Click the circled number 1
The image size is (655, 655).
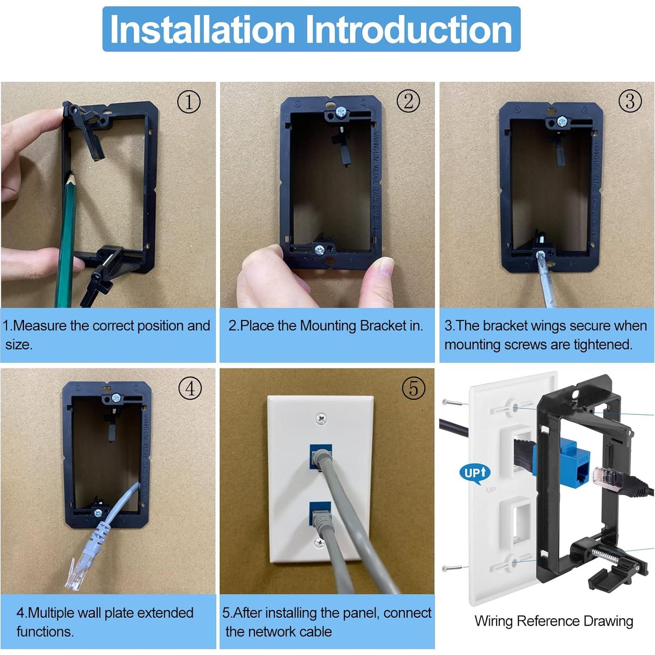tap(189, 102)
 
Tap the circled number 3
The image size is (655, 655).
tap(630, 101)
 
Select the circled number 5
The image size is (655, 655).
tap(413, 388)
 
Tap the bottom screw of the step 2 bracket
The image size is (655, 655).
tap(320, 250)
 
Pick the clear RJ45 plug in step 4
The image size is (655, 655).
tap(74, 574)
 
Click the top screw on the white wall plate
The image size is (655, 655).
tap(321, 419)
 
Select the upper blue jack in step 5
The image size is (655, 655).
tap(320, 455)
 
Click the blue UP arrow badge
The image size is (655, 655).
tap(474, 473)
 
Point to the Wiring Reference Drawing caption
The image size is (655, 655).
tap(553, 621)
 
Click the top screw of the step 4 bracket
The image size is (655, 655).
tap(116, 398)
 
